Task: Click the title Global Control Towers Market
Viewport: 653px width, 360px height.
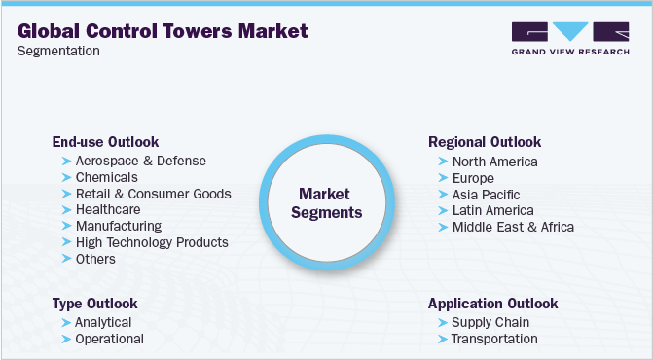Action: tap(163, 31)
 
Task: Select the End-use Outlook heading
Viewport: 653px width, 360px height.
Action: tap(105, 142)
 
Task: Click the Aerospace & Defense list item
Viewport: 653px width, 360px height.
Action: tap(141, 161)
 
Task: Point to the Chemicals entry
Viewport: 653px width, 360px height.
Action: tap(107, 177)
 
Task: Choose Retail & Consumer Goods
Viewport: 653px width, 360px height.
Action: tap(153, 194)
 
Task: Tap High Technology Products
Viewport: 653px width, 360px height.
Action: tap(152, 242)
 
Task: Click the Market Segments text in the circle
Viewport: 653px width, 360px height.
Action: tap(330, 203)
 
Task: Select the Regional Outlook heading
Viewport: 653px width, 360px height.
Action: tap(485, 142)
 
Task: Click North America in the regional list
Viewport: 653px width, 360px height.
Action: tap(494, 162)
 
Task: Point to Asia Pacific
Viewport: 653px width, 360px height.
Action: tap(487, 194)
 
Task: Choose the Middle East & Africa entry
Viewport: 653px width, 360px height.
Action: tap(513, 227)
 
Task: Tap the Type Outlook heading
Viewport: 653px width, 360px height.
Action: tap(94, 304)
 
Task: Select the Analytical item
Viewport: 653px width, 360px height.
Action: tap(103, 322)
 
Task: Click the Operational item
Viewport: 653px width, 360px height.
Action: tap(109, 339)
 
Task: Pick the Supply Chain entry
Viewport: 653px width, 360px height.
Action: tap(490, 322)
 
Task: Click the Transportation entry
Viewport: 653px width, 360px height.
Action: tap(494, 339)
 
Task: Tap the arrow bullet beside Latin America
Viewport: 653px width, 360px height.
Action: tap(443, 210)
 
